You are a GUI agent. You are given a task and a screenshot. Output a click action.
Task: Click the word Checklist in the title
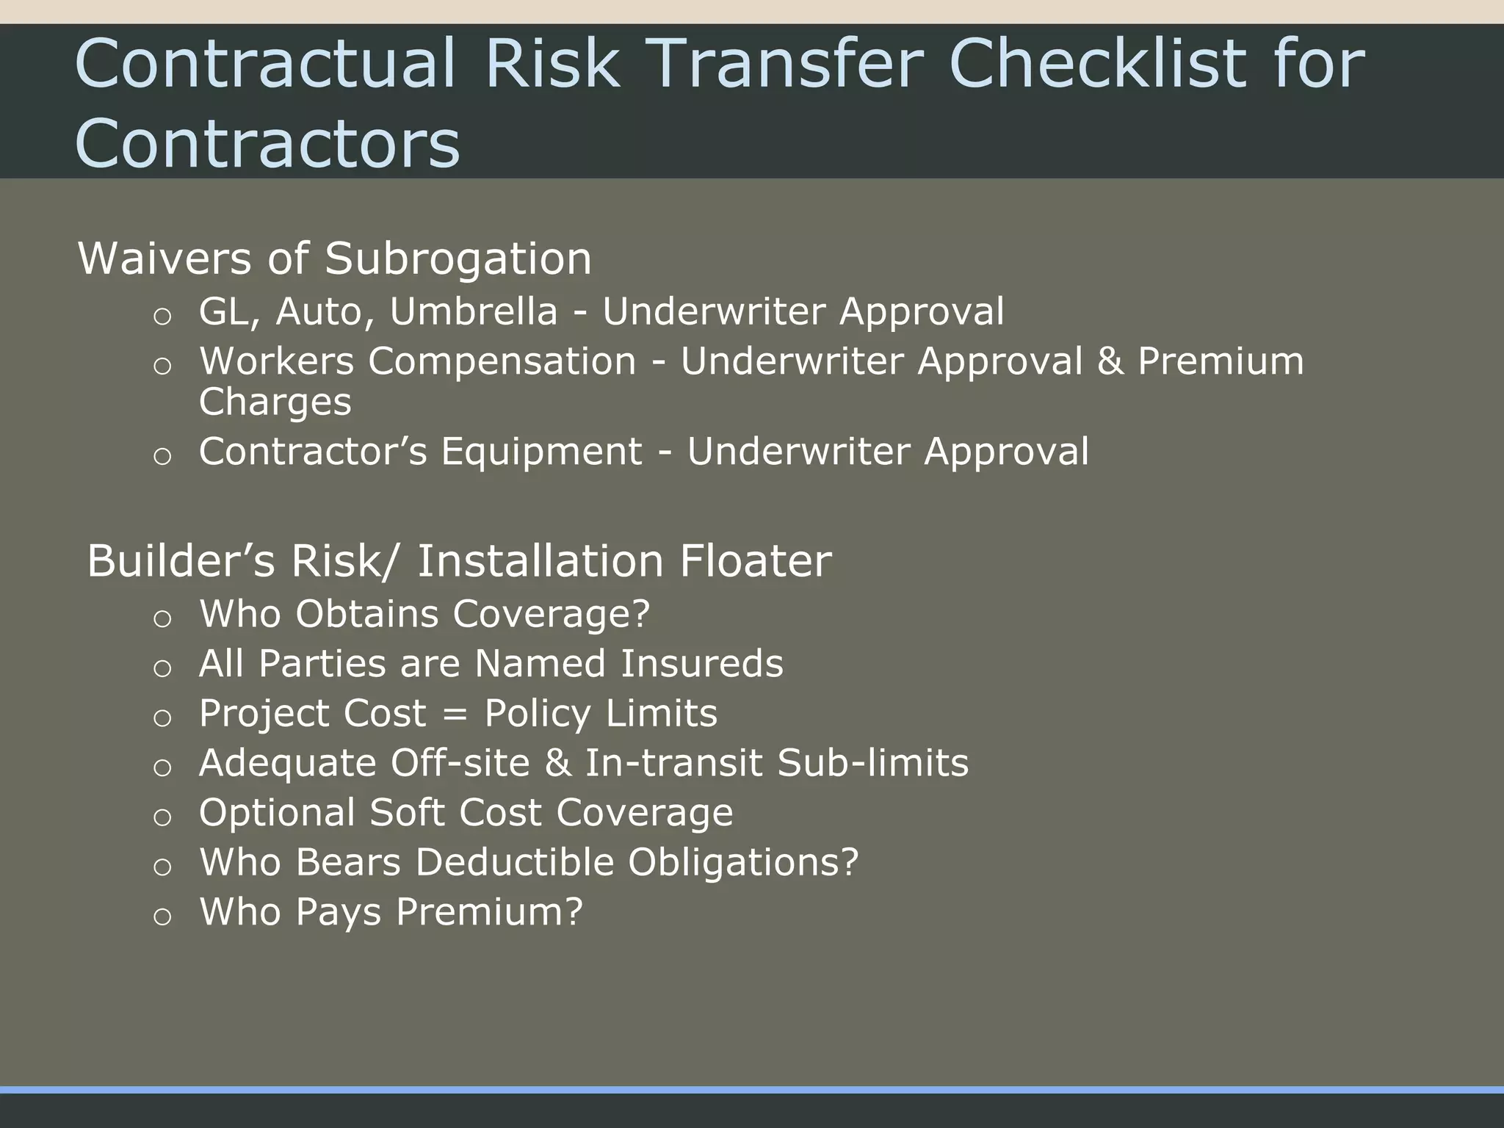pyautogui.click(x=1097, y=64)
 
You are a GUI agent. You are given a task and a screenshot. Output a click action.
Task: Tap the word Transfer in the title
pyautogui.click(x=786, y=64)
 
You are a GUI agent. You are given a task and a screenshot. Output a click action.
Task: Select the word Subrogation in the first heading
pyautogui.click(x=458, y=259)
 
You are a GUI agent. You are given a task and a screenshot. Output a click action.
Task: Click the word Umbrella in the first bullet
pyautogui.click(x=474, y=311)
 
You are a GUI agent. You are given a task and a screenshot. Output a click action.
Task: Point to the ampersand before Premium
pyautogui.click(x=1110, y=361)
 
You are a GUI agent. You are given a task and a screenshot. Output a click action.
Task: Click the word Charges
pyautogui.click(x=275, y=402)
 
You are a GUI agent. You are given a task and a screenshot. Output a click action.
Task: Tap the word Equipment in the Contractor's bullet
pyautogui.click(x=541, y=452)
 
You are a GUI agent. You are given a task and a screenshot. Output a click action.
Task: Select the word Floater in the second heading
pyautogui.click(x=755, y=562)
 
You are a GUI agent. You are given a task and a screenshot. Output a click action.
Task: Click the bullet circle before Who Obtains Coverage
pyautogui.click(x=162, y=618)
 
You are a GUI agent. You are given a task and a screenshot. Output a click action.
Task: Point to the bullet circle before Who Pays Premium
pyautogui.click(x=162, y=916)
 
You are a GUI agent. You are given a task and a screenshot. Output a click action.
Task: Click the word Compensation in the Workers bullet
pyautogui.click(x=502, y=361)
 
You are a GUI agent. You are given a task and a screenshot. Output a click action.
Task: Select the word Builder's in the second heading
pyautogui.click(x=181, y=562)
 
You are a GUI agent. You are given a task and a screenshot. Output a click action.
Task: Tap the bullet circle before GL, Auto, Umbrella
pyautogui.click(x=162, y=317)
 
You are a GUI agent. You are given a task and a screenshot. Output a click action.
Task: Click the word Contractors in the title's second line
pyautogui.click(x=267, y=143)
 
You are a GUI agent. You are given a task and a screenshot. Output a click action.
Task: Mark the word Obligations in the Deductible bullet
pyautogui.click(x=742, y=862)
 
